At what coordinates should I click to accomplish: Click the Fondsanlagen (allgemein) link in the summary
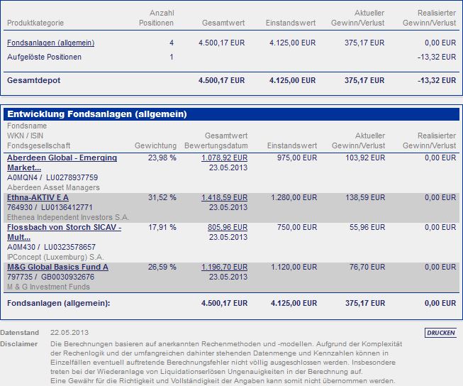50,43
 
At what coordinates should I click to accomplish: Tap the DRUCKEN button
440,332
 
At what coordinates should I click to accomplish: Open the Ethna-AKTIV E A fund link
38,197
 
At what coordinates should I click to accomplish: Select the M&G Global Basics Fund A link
57,267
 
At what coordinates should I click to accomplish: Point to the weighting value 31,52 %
162,197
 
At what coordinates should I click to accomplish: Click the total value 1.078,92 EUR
225,158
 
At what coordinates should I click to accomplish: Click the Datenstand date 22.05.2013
69,332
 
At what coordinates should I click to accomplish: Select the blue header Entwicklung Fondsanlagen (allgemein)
97,114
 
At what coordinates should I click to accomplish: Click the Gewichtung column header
155,145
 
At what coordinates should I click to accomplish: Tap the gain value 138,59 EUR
367,197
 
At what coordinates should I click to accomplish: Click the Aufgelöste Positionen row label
44,57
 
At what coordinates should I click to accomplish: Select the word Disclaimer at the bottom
18,343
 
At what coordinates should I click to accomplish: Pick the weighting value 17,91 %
162,228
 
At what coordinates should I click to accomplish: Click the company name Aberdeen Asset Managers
53,187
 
